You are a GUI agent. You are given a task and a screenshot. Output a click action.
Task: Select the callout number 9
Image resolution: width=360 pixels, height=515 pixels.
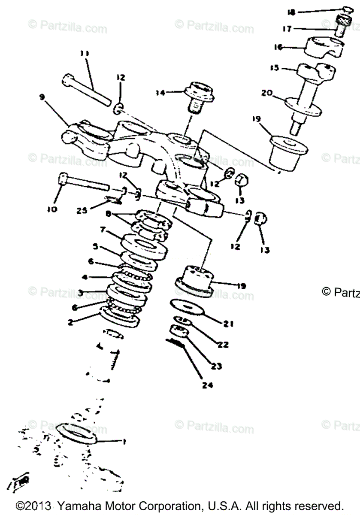tap(42, 97)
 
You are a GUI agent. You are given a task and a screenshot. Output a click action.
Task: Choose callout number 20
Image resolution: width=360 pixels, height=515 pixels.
tap(266, 92)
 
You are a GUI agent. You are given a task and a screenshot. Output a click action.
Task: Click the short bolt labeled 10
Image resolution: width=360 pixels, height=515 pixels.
tap(82, 182)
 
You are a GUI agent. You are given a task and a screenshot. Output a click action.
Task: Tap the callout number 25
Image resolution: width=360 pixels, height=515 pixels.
tap(82, 210)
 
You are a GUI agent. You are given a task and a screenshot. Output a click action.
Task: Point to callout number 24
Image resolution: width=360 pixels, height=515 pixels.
tap(207, 385)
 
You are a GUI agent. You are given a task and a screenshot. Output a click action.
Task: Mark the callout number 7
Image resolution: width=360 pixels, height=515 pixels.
tap(103, 230)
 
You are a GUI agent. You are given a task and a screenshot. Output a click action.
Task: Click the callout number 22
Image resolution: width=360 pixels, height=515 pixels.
tap(223, 345)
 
